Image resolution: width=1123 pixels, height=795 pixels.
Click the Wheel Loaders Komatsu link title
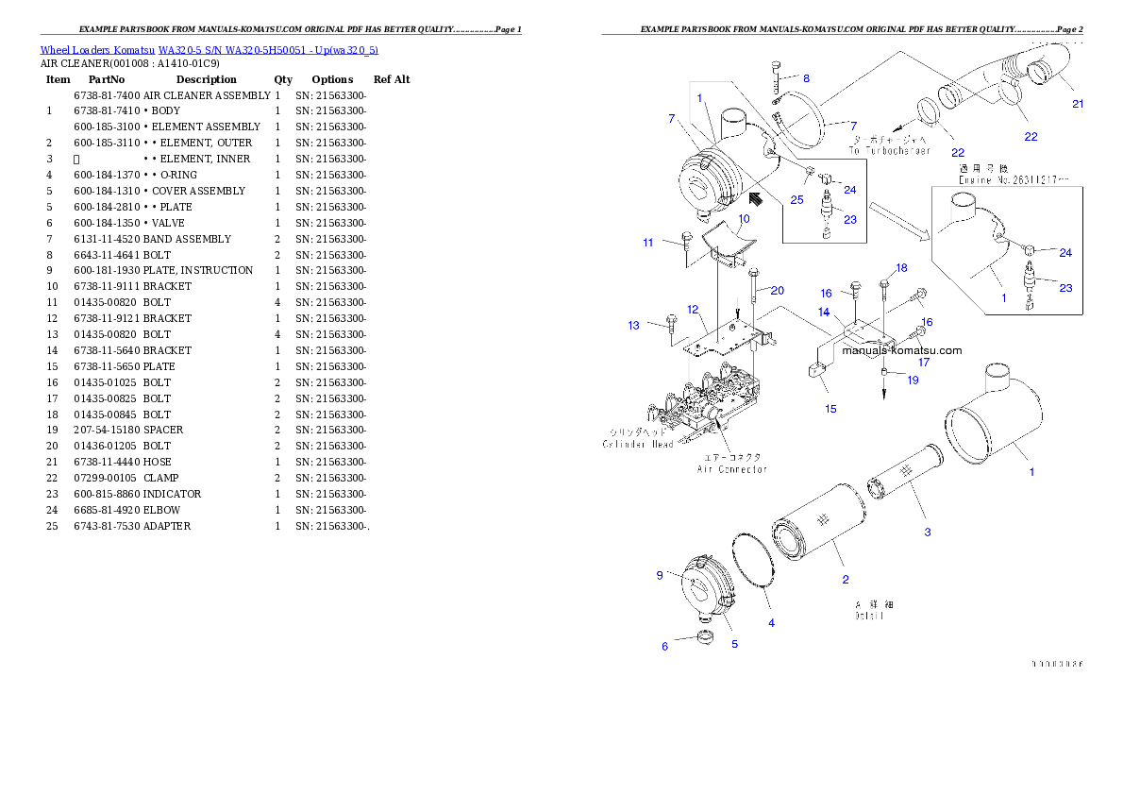[209, 50]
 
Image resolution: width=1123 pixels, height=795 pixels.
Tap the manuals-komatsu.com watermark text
[901, 350]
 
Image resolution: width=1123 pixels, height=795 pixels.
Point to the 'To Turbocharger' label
[889, 151]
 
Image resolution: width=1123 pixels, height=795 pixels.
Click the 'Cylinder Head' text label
[638, 444]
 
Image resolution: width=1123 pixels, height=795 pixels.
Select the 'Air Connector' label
[731, 468]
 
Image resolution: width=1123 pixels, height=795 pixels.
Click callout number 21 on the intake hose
[1077, 104]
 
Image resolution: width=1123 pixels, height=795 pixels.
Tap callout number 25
[797, 199]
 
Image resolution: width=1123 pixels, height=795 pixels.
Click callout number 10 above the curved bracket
[744, 219]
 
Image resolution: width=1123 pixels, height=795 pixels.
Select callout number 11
[648, 243]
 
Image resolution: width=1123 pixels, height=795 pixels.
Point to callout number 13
[633, 326]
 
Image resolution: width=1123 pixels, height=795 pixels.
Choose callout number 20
[777, 290]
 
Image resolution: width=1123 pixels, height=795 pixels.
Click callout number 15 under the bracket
[830, 409]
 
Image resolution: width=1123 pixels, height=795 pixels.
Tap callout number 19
[913, 381]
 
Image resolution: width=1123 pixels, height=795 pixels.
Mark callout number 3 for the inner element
[928, 533]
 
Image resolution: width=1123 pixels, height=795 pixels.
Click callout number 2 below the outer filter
[845, 579]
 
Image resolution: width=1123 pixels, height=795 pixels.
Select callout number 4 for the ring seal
[771, 623]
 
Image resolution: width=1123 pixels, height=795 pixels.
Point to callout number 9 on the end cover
[660, 575]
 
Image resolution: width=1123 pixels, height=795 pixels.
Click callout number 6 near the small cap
[664, 646]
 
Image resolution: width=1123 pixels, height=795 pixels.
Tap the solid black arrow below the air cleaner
[755, 198]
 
